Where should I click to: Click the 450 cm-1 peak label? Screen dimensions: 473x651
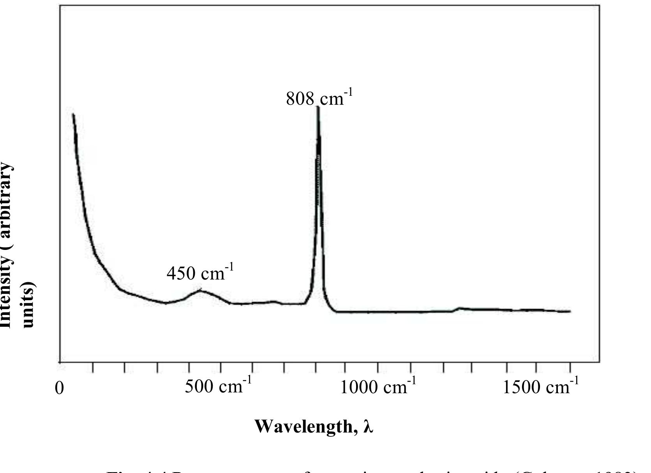[199, 273]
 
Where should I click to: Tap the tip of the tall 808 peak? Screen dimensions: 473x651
[318, 107]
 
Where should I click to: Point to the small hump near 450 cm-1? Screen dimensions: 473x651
[200, 290]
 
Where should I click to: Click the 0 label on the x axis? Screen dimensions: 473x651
[59, 388]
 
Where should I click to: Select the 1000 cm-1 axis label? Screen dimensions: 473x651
[378, 387]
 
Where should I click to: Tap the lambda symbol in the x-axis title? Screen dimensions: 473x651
[368, 426]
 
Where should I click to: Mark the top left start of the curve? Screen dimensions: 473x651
[73, 114]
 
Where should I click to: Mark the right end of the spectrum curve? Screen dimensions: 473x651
[570, 311]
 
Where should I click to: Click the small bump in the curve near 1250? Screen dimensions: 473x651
[460, 308]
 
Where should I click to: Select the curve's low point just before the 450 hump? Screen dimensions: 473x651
[166, 303]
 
